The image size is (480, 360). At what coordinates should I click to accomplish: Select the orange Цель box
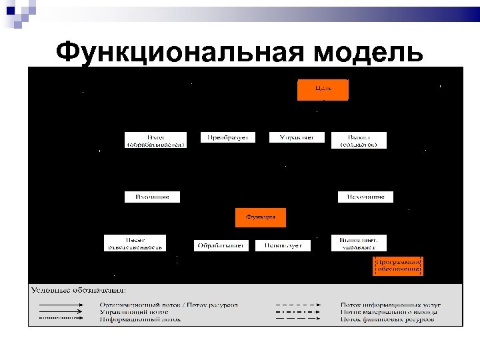(x=323, y=89)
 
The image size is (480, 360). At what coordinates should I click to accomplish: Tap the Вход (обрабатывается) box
(x=155, y=139)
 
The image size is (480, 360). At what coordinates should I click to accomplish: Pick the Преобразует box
(x=219, y=137)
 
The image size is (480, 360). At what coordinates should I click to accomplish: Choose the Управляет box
(x=297, y=137)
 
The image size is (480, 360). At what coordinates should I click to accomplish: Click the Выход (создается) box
(x=359, y=139)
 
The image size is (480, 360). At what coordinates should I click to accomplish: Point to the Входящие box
(x=152, y=197)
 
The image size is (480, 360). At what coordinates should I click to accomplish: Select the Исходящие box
(x=365, y=197)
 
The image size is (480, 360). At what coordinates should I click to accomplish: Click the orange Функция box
(x=260, y=217)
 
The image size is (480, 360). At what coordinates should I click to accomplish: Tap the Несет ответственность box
(x=135, y=243)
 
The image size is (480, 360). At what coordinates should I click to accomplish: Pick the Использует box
(x=283, y=245)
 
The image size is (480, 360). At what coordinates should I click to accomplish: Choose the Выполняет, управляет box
(x=359, y=243)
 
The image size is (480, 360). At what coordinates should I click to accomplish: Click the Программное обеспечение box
(x=397, y=265)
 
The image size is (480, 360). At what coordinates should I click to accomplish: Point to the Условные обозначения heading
(x=79, y=290)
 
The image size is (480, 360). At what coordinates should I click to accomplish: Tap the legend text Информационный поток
(x=140, y=319)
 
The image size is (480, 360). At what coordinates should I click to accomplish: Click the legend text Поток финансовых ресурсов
(x=387, y=319)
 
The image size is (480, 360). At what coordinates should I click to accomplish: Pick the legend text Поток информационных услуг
(x=391, y=305)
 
